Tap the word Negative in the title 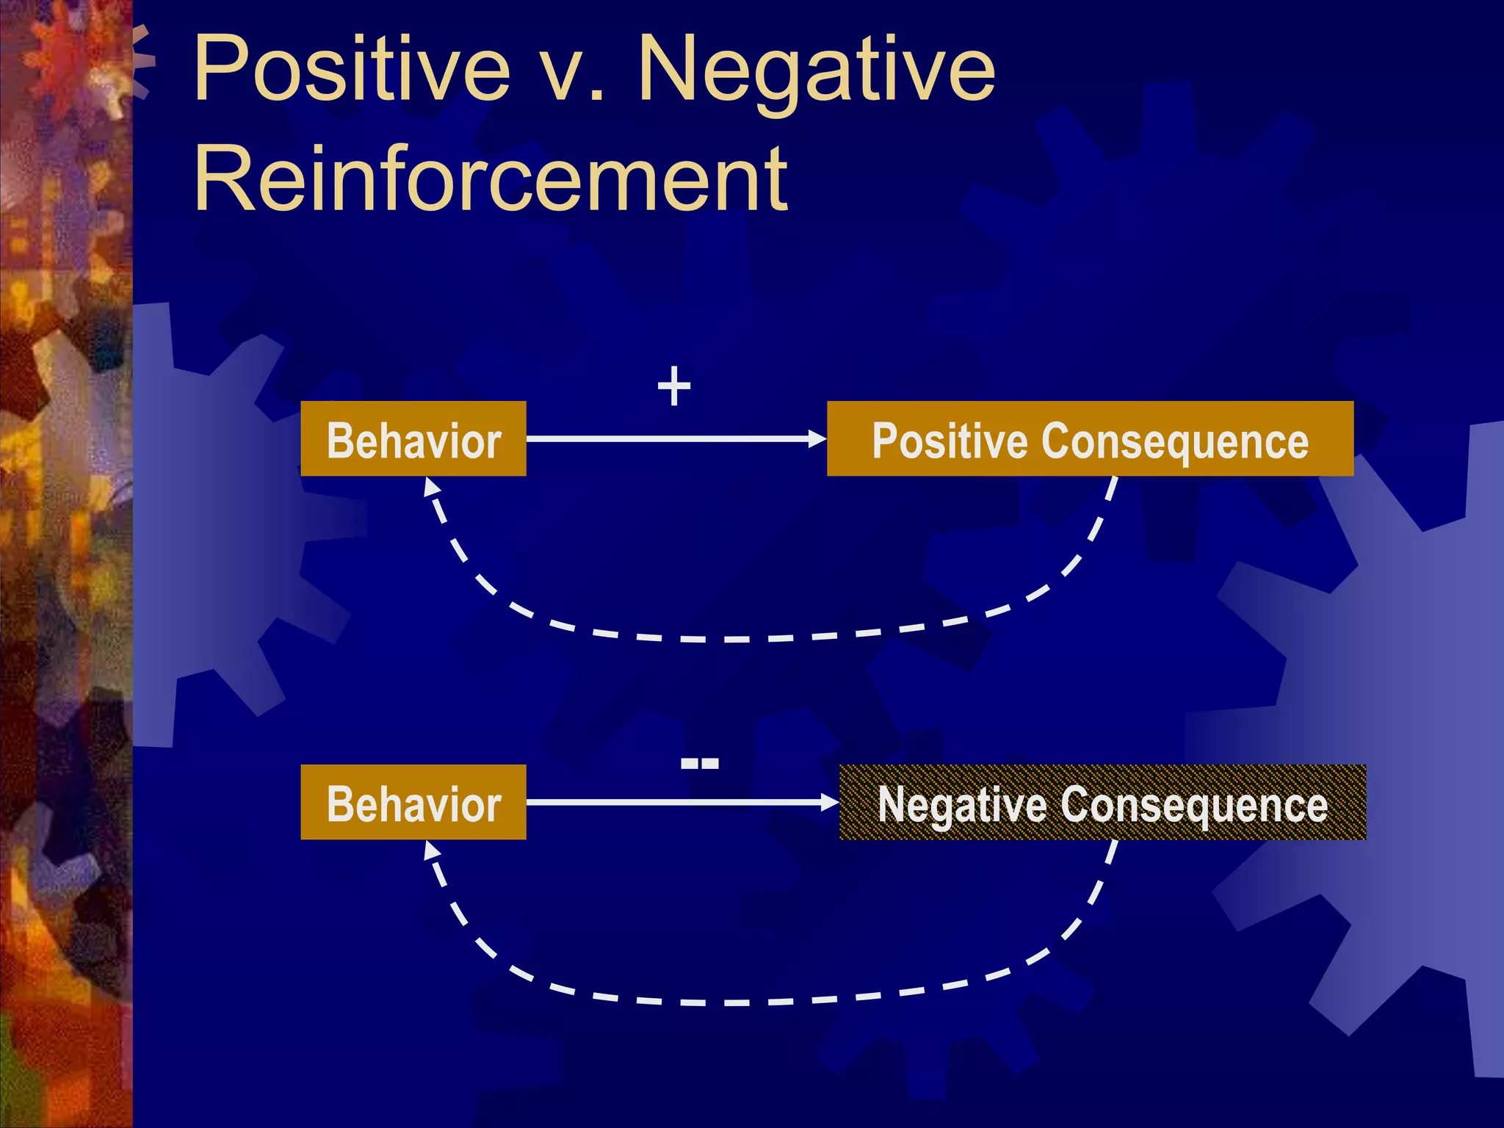(x=815, y=70)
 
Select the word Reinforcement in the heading (x=491, y=178)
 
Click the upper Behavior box (x=413, y=439)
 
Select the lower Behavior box (x=413, y=802)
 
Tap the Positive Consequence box (x=1090, y=439)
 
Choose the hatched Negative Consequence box (x=1102, y=802)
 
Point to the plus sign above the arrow (x=674, y=386)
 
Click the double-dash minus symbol (x=699, y=764)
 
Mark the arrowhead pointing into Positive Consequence (x=817, y=439)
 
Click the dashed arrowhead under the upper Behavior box (x=431, y=486)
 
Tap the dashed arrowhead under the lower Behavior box (x=431, y=850)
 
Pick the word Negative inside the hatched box (x=962, y=804)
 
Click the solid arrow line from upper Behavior (x=661, y=439)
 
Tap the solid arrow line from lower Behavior (x=661, y=802)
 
